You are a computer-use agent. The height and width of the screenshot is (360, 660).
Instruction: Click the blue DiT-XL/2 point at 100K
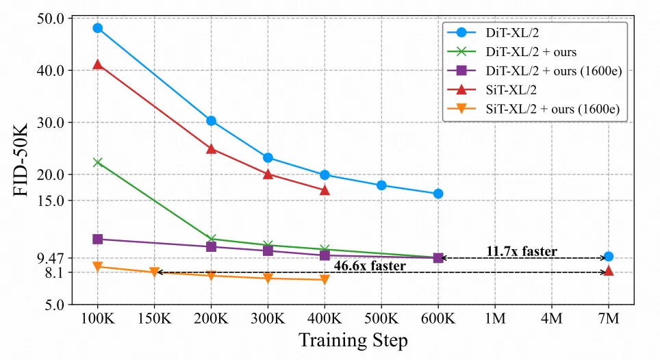tap(97, 28)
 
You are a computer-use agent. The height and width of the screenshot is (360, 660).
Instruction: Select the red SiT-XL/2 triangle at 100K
tap(97, 64)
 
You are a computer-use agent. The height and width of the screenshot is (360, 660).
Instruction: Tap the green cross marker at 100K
tap(97, 162)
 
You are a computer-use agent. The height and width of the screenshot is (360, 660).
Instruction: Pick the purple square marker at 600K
tap(438, 258)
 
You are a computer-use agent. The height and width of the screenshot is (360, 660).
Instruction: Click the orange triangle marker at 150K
tap(154, 272)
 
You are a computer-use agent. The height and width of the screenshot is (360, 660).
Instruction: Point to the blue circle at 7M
tap(609, 257)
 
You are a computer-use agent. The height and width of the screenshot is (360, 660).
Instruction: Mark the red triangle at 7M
tap(609, 271)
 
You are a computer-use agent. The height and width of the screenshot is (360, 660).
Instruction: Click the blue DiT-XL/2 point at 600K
tap(438, 194)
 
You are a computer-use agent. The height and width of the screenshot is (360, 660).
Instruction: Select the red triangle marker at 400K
tap(325, 190)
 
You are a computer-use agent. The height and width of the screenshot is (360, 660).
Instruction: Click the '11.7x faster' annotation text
tap(522, 251)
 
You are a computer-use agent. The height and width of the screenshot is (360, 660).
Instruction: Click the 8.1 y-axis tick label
tap(54, 272)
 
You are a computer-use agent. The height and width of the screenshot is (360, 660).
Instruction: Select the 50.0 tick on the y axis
tap(51, 18)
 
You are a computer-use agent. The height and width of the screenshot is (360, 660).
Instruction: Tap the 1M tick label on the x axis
tap(495, 318)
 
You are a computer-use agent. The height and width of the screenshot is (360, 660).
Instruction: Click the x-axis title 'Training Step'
tap(353, 341)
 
